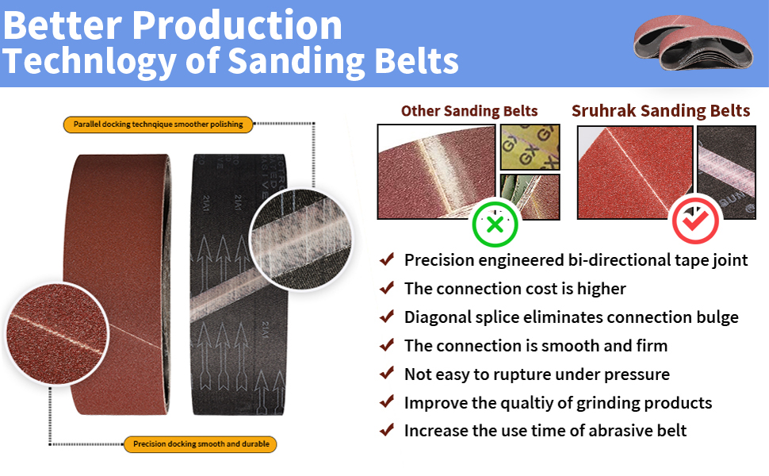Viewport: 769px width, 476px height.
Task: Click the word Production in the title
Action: coord(237,25)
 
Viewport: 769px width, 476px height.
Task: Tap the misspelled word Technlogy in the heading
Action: coord(89,61)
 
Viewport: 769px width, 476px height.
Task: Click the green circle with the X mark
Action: coord(495,225)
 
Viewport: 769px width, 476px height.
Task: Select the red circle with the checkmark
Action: coord(695,221)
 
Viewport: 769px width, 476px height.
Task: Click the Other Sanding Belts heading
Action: coord(469,111)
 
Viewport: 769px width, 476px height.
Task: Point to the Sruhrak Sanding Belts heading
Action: coord(660,111)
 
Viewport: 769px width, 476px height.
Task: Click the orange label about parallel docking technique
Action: coord(158,124)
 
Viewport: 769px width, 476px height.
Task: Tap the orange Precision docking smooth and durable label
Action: coord(201,443)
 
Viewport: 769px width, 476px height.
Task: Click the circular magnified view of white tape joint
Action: coord(300,239)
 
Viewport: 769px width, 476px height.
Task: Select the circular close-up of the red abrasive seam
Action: coord(57,334)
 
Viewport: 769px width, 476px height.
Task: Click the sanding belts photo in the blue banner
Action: coord(693,43)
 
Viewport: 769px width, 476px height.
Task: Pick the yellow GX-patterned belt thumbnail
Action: coord(530,148)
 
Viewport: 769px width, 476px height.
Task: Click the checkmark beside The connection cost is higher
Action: coord(387,287)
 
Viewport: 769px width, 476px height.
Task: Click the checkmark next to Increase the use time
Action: coord(387,430)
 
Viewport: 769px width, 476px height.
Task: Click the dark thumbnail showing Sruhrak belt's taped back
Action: coord(726,172)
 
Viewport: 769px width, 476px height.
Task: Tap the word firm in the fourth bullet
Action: coord(652,345)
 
